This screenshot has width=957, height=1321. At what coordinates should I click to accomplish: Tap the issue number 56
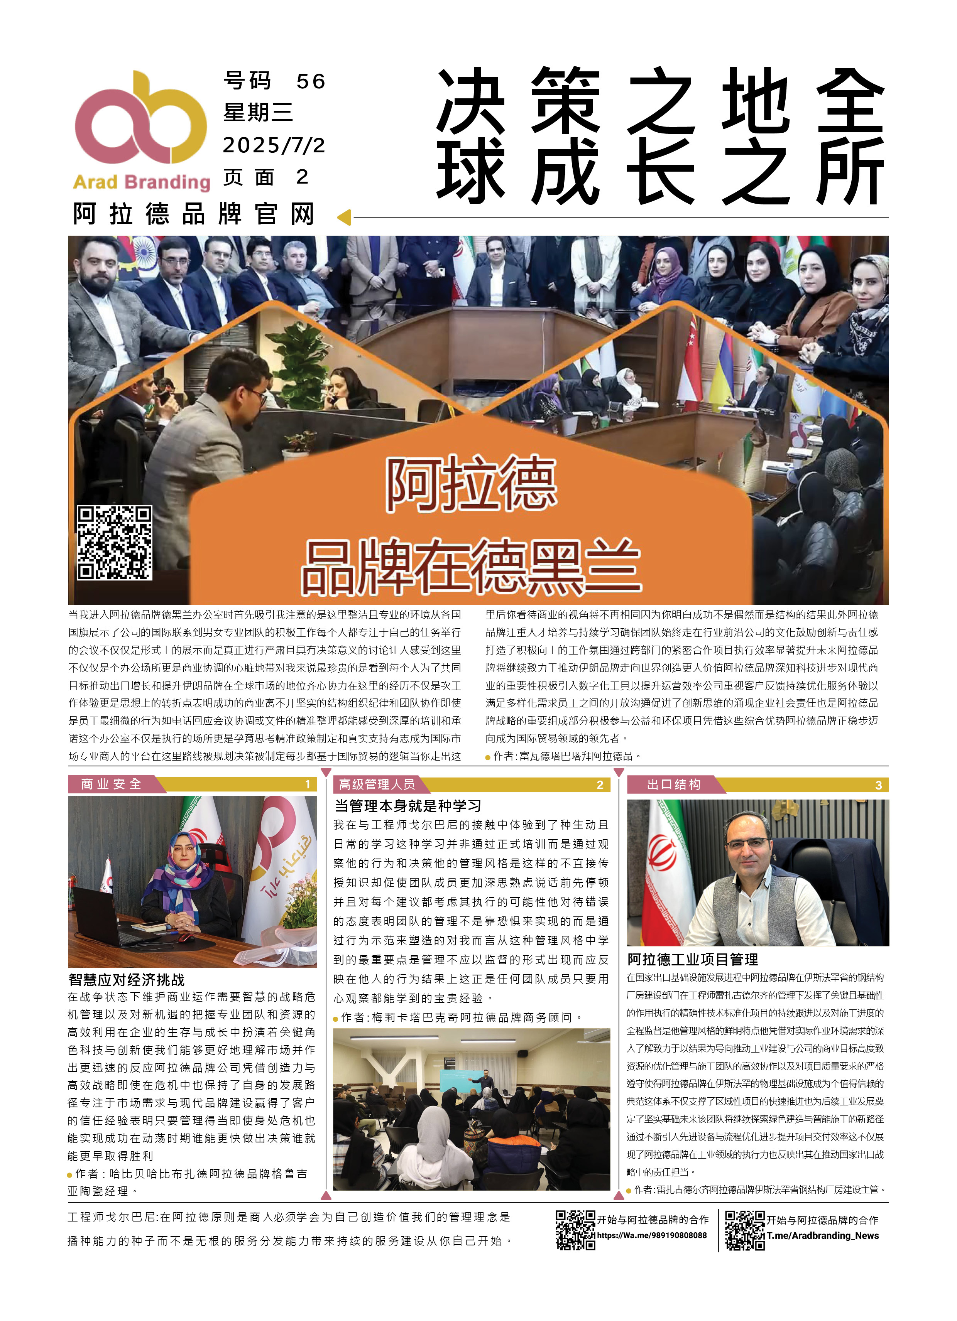310,81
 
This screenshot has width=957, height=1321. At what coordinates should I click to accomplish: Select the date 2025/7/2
274,145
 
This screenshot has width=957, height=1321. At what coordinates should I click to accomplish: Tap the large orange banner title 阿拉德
471,484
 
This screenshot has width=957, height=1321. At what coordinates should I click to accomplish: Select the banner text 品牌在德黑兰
471,566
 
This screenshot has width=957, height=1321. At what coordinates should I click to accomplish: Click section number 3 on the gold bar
878,785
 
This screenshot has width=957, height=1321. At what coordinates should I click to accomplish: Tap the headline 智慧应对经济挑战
127,980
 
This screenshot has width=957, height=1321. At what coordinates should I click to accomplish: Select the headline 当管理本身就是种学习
408,806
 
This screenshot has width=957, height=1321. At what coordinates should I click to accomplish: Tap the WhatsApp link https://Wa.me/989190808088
652,1235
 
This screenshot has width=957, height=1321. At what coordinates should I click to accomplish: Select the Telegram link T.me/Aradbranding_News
822,1235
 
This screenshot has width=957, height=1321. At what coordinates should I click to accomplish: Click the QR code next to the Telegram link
744,1230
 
